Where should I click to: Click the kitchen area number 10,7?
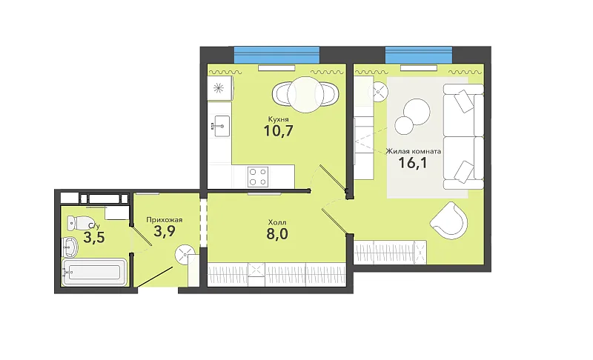(279, 130)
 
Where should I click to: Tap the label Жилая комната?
(413, 151)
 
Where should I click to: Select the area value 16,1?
(413, 163)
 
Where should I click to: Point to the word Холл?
(277, 222)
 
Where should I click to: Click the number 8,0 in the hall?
(277, 234)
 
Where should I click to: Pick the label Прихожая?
(165, 219)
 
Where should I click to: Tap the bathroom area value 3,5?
(94, 239)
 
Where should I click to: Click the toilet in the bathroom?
(80, 222)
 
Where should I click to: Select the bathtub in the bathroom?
(96, 272)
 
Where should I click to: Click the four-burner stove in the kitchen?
(258, 176)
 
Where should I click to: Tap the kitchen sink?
(221, 126)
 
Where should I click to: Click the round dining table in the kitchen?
(305, 94)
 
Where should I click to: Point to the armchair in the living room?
(449, 221)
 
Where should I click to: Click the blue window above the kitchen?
(276, 55)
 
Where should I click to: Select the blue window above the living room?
(419, 55)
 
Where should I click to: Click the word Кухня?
(277, 119)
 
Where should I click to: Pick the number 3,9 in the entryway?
(165, 231)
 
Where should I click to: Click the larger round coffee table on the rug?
(417, 111)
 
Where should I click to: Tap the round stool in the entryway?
(185, 255)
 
